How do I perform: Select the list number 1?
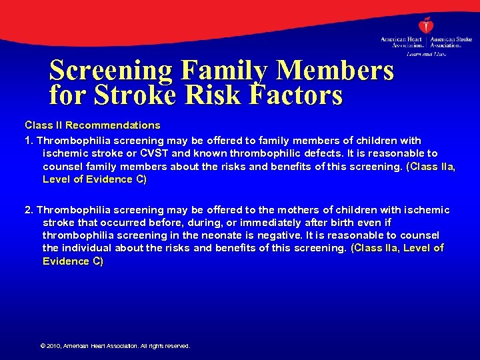29,141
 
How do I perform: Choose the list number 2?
29,210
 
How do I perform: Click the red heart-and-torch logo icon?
427,25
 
